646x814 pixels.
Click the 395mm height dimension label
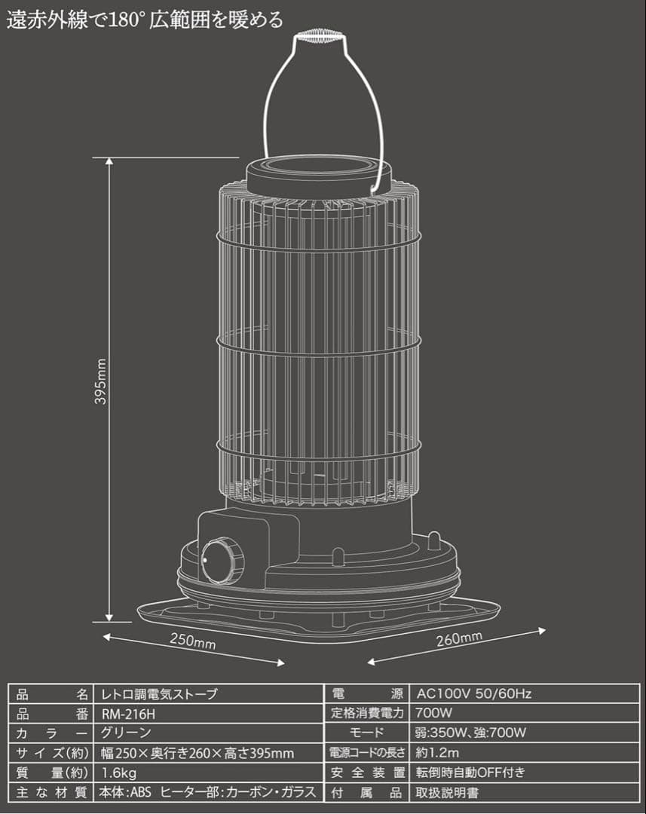[101, 381]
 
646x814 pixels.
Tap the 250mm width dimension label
[193, 641]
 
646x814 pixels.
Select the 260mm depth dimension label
[459, 638]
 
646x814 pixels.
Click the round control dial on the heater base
[222, 562]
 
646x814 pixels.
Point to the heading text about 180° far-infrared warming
[145, 20]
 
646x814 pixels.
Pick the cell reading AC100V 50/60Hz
[473, 693]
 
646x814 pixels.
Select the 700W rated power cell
[433, 713]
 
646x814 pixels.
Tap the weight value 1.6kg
[119, 773]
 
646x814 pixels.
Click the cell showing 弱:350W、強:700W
[470, 733]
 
